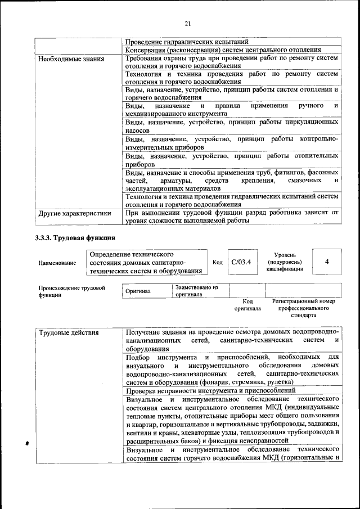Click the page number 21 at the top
point(187,22)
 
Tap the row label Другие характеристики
point(71,213)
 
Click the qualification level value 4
point(327,262)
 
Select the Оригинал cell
point(137,292)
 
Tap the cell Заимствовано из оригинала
point(196,291)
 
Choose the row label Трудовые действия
point(69,332)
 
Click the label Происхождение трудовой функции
point(71,291)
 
